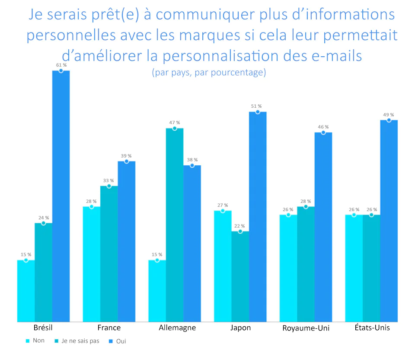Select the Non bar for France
[x=92, y=264]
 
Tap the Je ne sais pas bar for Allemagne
[x=175, y=225]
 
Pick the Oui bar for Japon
[x=258, y=216]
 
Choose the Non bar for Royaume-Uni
[x=288, y=268]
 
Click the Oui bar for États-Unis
[x=389, y=221]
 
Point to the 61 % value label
[x=61, y=65]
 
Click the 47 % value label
[x=175, y=122]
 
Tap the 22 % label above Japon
[x=240, y=226]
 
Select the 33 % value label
[x=109, y=180]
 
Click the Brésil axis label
[x=43, y=328]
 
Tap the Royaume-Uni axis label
[x=306, y=328]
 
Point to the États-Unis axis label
[x=371, y=328]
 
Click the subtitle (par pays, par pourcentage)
[x=209, y=72]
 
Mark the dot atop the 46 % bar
[x=323, y=132]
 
